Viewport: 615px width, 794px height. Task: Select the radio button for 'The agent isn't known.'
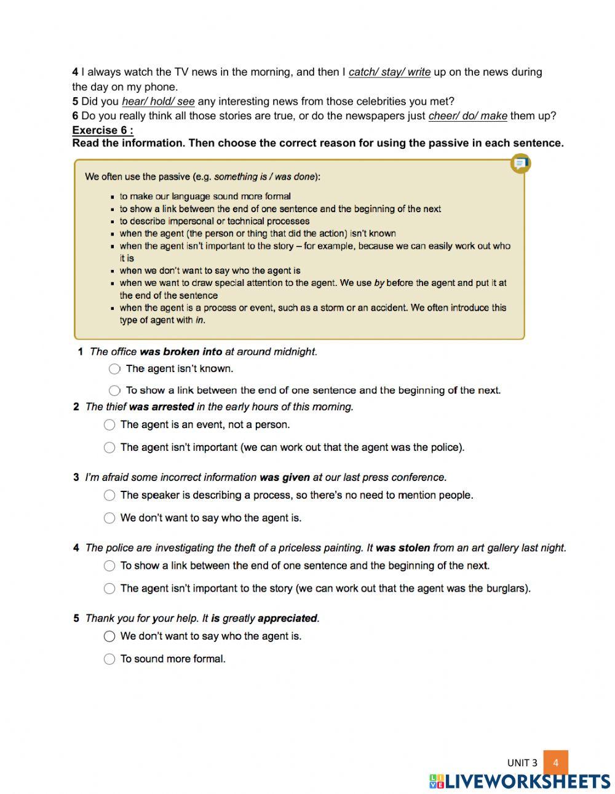point(114,369)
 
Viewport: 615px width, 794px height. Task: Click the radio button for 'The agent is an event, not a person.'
point(109,425)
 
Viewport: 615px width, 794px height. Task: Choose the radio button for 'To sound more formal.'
point(109,659)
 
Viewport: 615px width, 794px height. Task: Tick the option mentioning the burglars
point(109,589)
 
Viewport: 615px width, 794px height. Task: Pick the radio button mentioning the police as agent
point(109,448)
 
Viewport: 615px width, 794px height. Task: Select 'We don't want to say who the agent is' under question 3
point(109,518)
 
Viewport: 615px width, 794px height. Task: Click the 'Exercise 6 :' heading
point(103,130)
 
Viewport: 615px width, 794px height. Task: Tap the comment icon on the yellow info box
point(520,164)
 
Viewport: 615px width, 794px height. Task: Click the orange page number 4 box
point(555,763)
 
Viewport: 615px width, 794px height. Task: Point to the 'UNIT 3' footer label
point(522,763)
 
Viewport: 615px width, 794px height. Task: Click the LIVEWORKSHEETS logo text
point(526,782)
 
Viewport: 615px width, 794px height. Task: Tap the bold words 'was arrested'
point(161,407)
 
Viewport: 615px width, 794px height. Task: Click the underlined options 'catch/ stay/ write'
point(389,72)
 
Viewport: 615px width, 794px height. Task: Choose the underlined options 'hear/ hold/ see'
point(158,101)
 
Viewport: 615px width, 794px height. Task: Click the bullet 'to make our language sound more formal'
point(205,196)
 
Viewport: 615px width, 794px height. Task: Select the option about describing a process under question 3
point(109,496)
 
